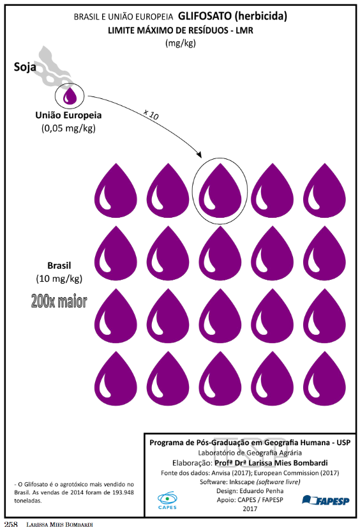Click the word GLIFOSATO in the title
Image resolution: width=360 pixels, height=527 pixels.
coord(204,16)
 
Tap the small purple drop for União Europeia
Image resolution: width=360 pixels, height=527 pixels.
coord(70,95)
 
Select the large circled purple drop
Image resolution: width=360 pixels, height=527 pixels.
coord(220,190)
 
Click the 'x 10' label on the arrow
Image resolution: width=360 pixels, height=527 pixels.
coord(151,114)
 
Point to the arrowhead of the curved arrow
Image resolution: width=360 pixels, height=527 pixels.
coord(200,155)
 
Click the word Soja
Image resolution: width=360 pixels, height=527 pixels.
coord(25,67)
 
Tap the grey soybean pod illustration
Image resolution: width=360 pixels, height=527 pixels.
coord(54,67)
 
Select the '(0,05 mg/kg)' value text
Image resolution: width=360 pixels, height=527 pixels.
coord(68,128)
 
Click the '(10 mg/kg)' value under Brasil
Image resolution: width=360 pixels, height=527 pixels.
coord(59,279)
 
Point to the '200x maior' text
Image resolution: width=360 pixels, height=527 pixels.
coord(59,301)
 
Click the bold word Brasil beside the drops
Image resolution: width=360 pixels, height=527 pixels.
coord(59,266)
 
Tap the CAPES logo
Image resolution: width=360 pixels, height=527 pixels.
coord(167,500)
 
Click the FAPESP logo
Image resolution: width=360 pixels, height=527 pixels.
coord(326,500)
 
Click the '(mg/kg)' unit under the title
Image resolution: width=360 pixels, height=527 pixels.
coord(181,43)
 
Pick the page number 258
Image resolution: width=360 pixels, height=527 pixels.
coord(11,524)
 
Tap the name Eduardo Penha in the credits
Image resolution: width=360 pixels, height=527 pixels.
coord(261,491)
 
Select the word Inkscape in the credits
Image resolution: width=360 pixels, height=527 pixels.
coord(242,482)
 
